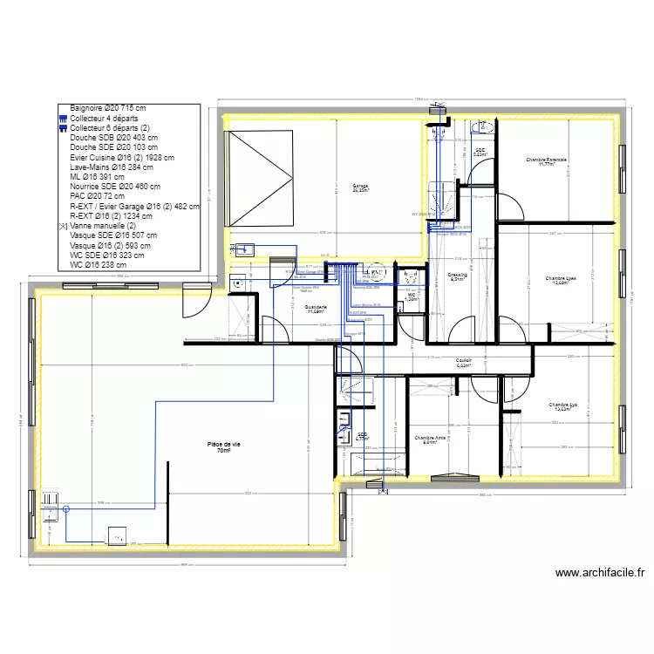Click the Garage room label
click(360, 187)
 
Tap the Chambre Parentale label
click(547, 161)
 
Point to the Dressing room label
click(458, 277)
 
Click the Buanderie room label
click(316, 310)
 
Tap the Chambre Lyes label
click(561, 280)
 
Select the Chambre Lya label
click(563, 406)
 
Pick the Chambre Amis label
click(430, 439)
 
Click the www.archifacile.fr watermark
click(599, 573)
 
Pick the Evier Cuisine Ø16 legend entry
click(122, 158)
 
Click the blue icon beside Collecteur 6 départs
click(63, 128)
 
